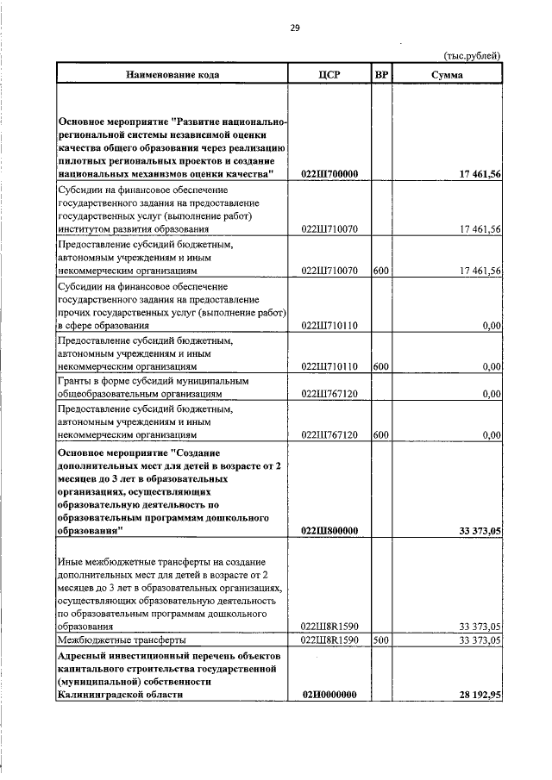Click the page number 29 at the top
click(294, 28)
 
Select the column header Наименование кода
click(172, 75)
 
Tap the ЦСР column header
click(329, 75)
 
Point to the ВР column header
click(381, 75)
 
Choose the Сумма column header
click(447, 75)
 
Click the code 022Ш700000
click(329, 175)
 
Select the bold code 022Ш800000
click(329, 532)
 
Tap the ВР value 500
click(380, 640)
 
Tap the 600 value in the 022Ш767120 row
click(380, 435)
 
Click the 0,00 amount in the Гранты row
click(492, 394)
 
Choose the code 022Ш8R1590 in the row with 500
click(329, 640)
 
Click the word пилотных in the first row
click(85, 162)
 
